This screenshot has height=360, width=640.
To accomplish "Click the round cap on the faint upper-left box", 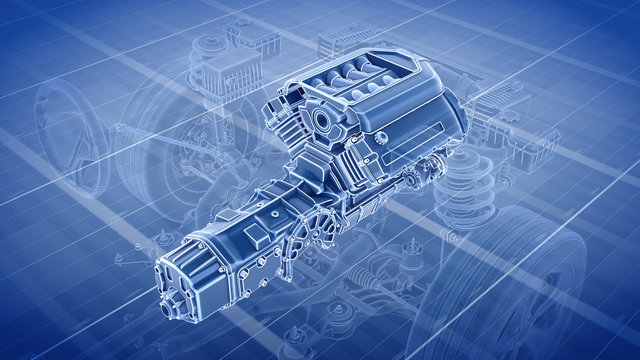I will (x=209, y=44).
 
